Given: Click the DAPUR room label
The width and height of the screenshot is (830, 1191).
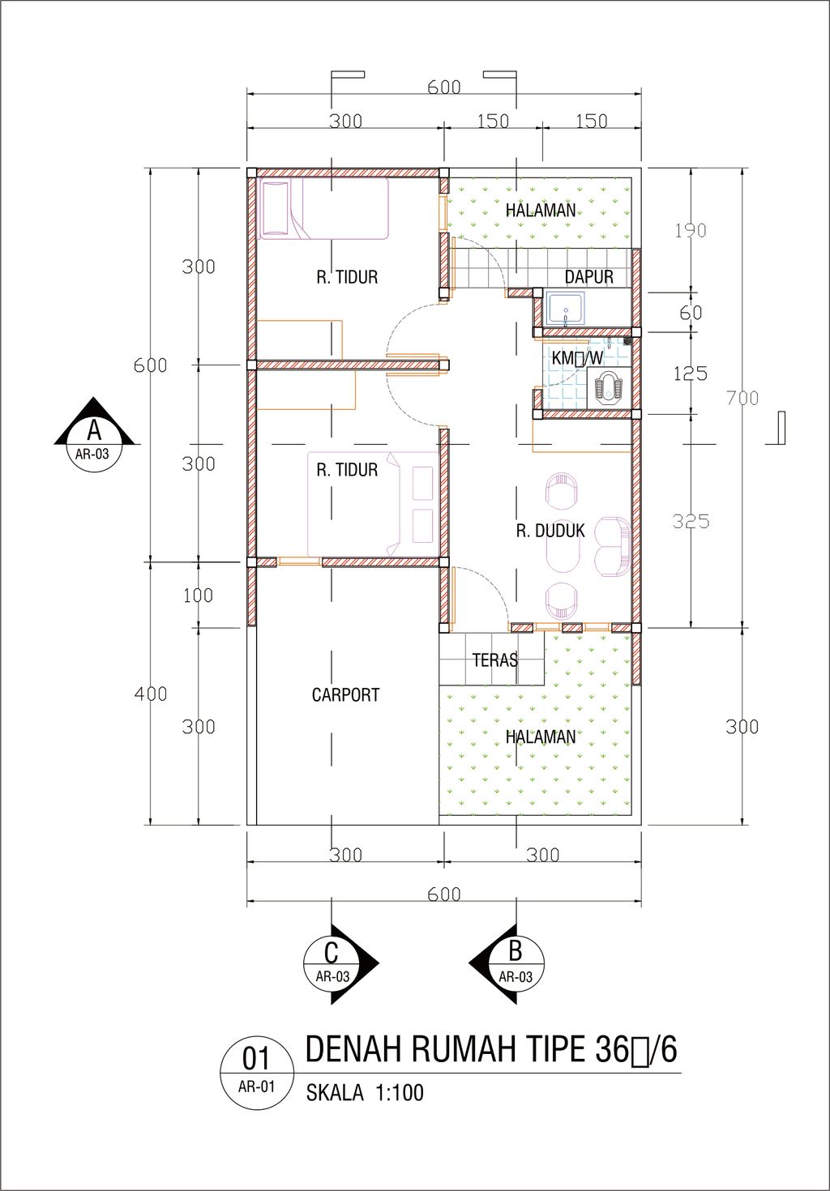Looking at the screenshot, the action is pyautogui.click(x=588, y=276).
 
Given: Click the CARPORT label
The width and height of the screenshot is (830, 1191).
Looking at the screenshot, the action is pyautogui.click(x=345, y=694).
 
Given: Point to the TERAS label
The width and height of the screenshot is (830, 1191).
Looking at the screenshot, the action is pyautogui.click(x=494, y=660).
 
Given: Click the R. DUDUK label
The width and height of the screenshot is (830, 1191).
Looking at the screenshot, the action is pyautogui.click(x=550, y=531).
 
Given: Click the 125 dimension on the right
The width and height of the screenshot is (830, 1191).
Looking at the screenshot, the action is pyautogui.click(x=690, y=374).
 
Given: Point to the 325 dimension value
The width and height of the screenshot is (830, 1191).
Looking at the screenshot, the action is pyautogui.click(x=691, y=522).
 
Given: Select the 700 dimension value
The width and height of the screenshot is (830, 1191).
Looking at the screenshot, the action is pyautogui.click(x=742, y=398).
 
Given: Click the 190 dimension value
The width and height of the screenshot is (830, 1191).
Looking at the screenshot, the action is pyautogui.click(x=691, y=231).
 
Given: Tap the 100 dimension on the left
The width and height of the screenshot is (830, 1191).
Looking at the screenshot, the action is pyautogui.click(x=198, y=595).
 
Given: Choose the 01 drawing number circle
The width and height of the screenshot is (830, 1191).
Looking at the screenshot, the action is pyautogui.click(x=256, y=1074).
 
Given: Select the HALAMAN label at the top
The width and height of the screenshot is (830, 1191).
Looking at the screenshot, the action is pyautogui.click(x=541, y=211).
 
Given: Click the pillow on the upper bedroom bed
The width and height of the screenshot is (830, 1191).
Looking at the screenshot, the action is pyautogui.click(x=276, y=207).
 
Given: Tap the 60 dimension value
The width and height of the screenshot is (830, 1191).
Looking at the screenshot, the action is pyautogui.click(x=691, y=313).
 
